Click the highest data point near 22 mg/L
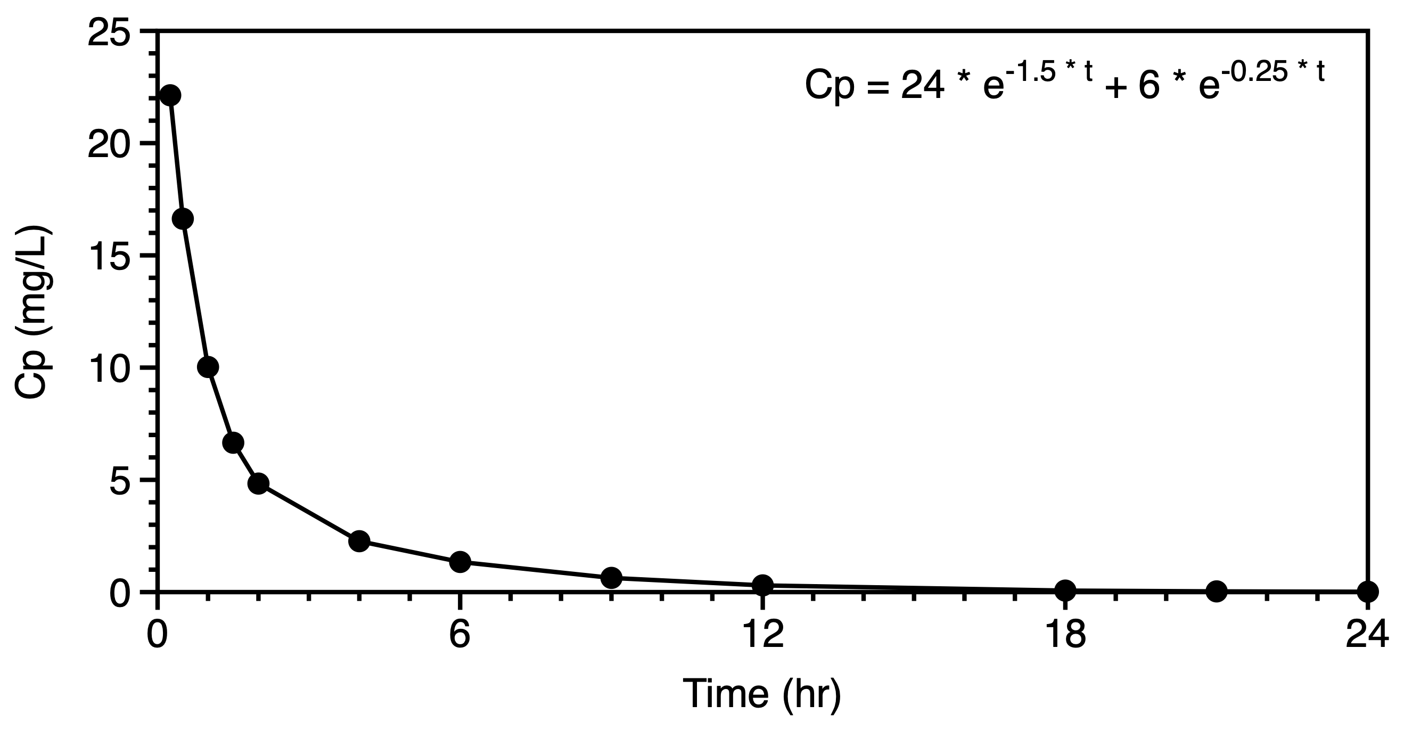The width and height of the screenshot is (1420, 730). [x=170, y=95]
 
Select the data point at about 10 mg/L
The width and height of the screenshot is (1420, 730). [x=208, y=367]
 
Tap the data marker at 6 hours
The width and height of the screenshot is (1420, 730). [x=459, y=562]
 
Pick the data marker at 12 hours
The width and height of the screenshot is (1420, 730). [x=762, y=585]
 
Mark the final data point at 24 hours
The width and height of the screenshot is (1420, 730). [x=1368, y=592]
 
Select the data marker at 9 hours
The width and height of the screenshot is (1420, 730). [x=611, y=577]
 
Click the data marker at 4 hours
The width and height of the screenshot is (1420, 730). [x=359, y=541]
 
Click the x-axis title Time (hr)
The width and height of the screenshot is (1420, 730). [x=762, y=694]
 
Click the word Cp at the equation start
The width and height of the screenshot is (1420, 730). [x=830, y=87]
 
